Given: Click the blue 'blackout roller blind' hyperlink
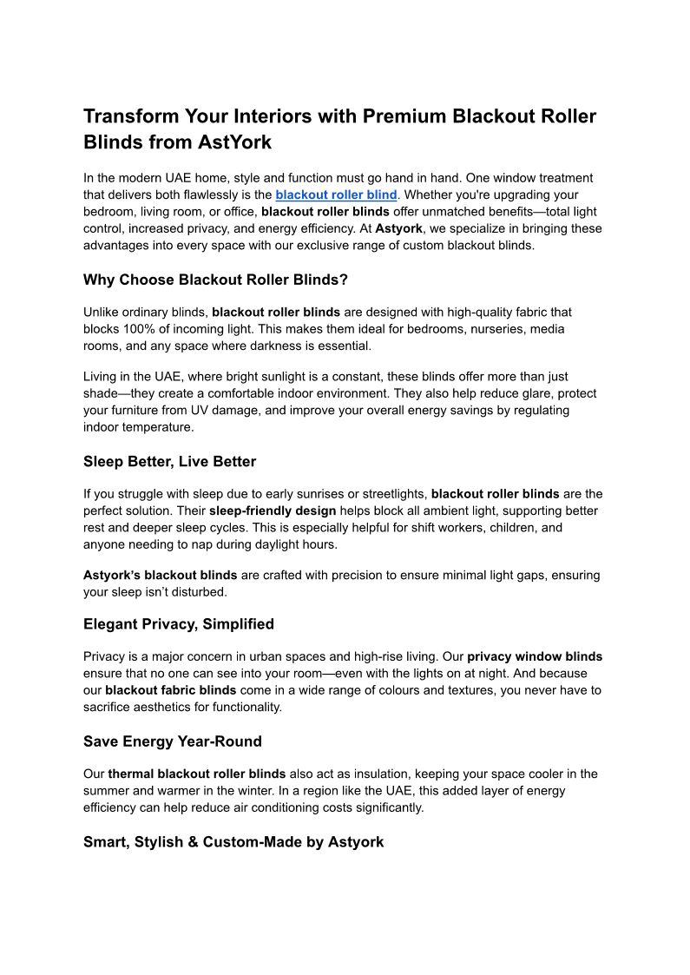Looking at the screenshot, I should click(x=336, y=195).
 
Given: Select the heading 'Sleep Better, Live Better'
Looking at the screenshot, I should click(x=169, y=461).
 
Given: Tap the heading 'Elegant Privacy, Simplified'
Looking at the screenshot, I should click(x=178, y=623).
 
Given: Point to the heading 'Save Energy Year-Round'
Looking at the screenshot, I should click(x=172, y=741).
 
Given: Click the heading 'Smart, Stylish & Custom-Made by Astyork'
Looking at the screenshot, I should click(x=233, y=842).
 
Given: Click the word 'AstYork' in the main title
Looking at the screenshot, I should click(x=233, y=142).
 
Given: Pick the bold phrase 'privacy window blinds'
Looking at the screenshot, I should click(x=535, y=656).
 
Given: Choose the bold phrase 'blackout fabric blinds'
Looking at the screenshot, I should click(x=171, y=690).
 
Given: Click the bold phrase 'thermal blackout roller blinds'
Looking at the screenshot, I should click(x=197, y=774).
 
